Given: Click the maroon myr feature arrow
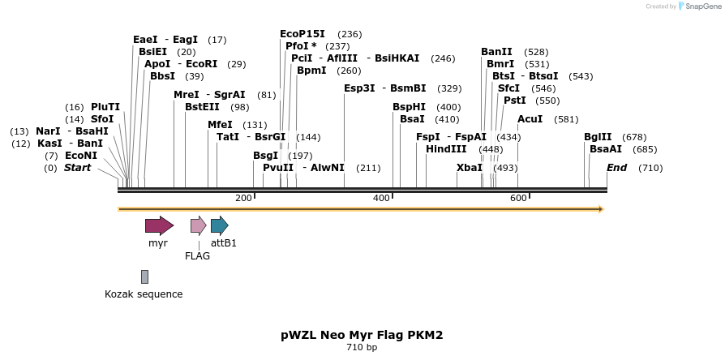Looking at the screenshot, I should point(159,225).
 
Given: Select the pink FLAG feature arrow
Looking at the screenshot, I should point(198,225).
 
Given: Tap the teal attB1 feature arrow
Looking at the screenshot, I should point(219,225).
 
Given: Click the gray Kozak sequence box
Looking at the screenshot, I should point(144,276).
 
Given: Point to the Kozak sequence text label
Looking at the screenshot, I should point(144,294).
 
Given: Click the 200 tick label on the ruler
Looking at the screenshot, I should point(243,199).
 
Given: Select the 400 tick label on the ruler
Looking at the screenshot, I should point(381,199).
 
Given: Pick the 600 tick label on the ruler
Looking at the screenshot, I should point(518,199).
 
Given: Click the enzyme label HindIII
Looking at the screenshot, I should point(446,149).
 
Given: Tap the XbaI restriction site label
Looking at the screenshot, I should point(470,168).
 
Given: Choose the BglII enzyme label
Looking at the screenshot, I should point(598,137).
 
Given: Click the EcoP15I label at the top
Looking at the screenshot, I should point(302,34).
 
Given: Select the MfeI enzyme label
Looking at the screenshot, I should point(220,125).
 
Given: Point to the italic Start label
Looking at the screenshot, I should point(78,168).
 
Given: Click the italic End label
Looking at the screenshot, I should point(617,168).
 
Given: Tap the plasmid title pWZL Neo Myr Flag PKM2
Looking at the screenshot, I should point(362,334).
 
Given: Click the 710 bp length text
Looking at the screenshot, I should point(362,348).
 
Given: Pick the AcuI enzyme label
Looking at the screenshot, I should point(530,119).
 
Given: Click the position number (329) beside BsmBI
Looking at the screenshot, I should point(449,88).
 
